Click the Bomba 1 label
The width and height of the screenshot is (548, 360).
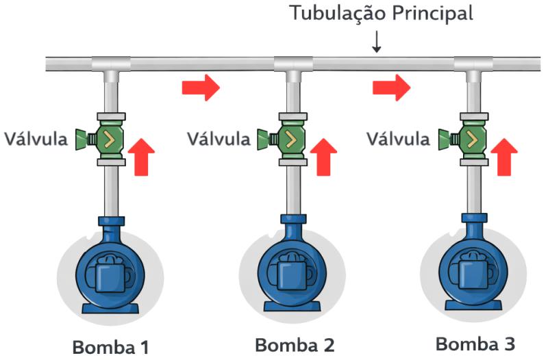click(x=110, y=346)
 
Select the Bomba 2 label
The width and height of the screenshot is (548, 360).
click(x=296, y=344)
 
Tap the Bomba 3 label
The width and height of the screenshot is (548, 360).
click(x=475, y=342)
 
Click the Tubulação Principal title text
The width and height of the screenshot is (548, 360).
click(x=381, y=14)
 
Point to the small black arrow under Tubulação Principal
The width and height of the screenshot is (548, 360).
click(x=376, y=42)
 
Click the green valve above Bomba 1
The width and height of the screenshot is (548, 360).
click(x=108, y=139)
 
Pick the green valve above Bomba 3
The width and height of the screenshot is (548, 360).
click(x=471, y=139)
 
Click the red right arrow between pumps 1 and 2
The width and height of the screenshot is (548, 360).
click(x=201, y=88)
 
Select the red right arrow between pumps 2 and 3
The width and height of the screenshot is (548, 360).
click(x=391, y=88)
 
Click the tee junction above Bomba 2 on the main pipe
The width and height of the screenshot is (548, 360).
click(x=293, y=66)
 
